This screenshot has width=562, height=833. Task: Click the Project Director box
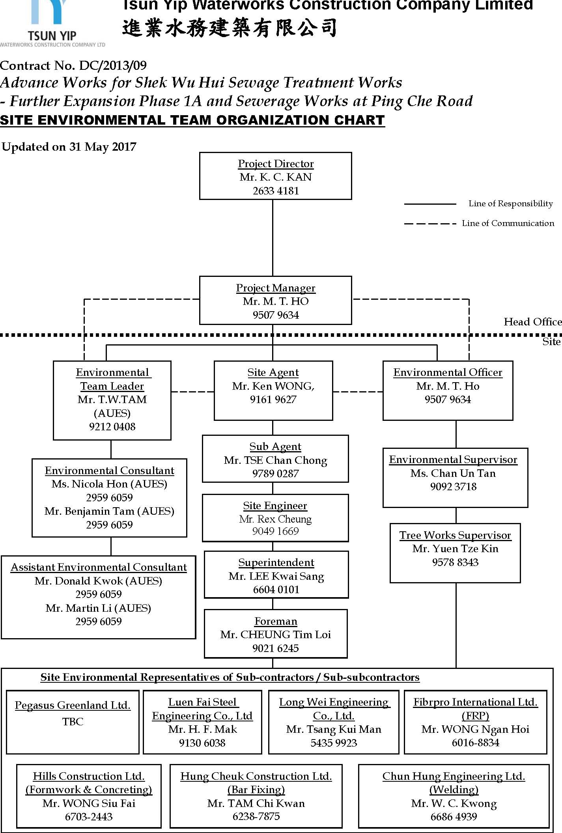(x=275, y=176)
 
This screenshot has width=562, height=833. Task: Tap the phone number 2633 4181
(x=276, y=191)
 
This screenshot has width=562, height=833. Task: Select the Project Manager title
(x=276, y=288)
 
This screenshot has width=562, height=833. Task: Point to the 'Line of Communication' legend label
(x=508, y=223)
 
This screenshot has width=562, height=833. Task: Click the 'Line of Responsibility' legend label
(x=510, y=204)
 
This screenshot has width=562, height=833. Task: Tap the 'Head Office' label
(x=532, y=322)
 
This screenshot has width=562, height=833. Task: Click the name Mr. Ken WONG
(x=273, y=386)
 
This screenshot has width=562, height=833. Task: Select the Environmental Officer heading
(x=448, y=372)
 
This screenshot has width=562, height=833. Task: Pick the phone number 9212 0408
(x=112, y=426)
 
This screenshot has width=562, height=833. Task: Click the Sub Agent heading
(x=275, y=446)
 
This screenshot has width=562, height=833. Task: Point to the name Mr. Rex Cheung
(x=275, y=519)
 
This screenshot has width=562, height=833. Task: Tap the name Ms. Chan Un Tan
(x=453, y=473)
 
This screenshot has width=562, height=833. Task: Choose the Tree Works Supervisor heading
(x=455, y=535)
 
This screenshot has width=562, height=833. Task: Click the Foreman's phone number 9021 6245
(x=276, y=648)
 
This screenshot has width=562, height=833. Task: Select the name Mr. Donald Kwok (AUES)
(x=98, y=581)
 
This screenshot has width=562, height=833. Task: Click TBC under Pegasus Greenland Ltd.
(x=73, y=722)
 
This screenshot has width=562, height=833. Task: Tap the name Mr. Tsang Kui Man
(x=334, y=729)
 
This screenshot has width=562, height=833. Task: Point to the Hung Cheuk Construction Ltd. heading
(x=256, y=776)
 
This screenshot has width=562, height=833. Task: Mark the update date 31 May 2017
(x=103, y=147)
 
